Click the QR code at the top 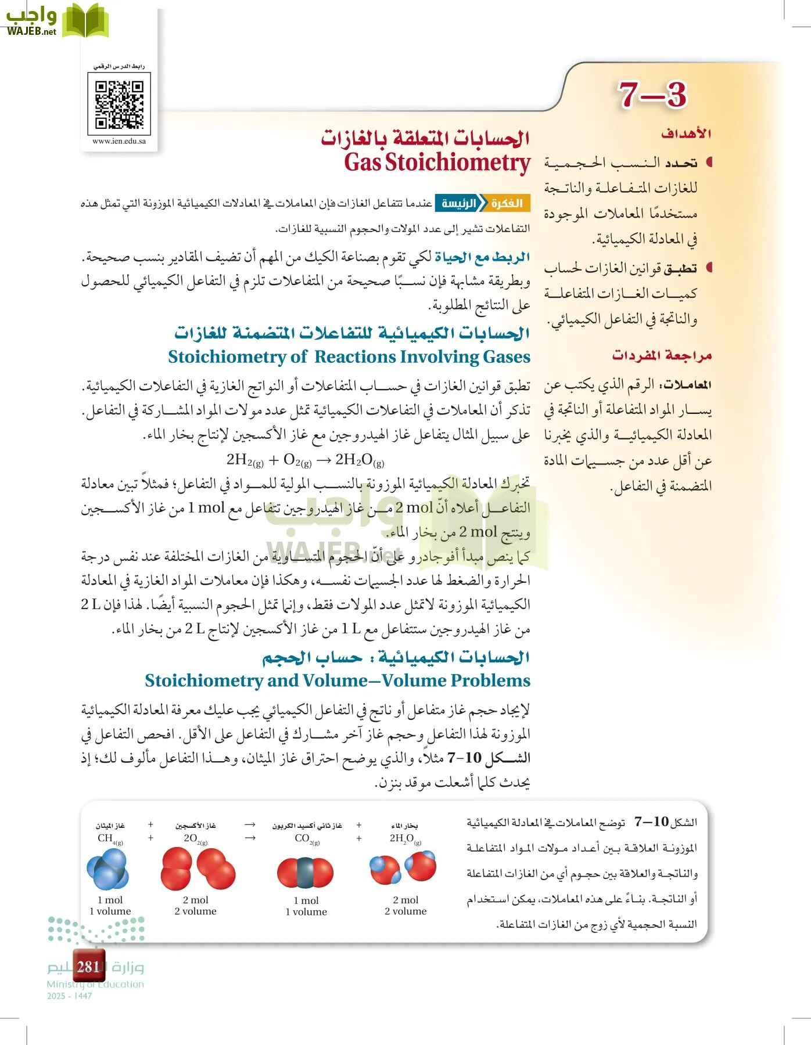pyautogui.click(x=119, y=105)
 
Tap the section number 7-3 pyautogui.click(x=651, y=95)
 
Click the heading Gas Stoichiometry pyautogui.click(x=437, y=163)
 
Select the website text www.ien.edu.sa pyautogui.click(x=119, y=141)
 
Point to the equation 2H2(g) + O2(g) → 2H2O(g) pyautogui.click(x=305, y=460)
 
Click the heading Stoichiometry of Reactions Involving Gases pyautogui.click(x=349, y=356)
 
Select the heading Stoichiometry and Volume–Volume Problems pyautogui.click(x=338, y=680)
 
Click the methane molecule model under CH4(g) pyautogui.click(x=107, y=869)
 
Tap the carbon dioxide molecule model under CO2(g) pyautogui.click(x=306, y=873)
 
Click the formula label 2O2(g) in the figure pyautogui.click(x=195, y=838)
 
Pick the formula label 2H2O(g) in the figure pyautogui.click(x=405, y=838)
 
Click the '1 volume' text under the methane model pyautogui.click(x=110, y=911)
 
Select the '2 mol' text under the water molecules pyautogui.click(x=405, y=900)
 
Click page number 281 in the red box pyautogui.click(x=88, y=967)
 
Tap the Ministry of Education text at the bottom pyautogui.click(x=95, y=984)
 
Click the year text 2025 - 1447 pyautogui.click(x=69, y=996)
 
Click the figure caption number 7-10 pyautogui.click(x=652, y=821)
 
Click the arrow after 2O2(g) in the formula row pyautogui.click(x=250, y=838)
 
